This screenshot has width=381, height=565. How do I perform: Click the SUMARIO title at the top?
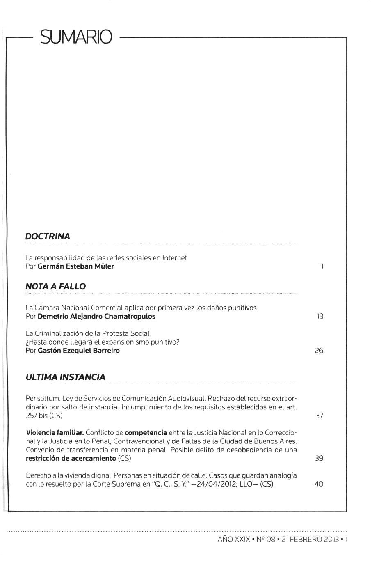click(x=76, y=37)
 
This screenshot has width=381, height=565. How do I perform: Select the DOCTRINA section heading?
click(x=48, y=237)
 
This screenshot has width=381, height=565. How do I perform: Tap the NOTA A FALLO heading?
click(x=55, y=287)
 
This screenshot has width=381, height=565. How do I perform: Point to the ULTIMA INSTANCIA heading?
click(x=65, y=377)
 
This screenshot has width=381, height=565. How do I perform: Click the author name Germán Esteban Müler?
click(x=75, y=266)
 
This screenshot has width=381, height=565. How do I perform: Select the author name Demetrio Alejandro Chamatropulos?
click(x=96, y=317)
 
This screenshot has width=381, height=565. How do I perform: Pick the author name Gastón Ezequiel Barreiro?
click(x=78, y=351)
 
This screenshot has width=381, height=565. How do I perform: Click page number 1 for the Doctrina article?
click(x=322, y=266)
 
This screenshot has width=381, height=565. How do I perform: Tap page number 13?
click(x=320, y=317)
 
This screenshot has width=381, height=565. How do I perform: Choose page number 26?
click(x=319, y=351)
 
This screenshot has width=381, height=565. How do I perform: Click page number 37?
click(x=319, y=416)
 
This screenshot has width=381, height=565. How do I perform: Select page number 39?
click(x=319, y=458)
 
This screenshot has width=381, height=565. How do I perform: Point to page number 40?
click(x=319, y=484)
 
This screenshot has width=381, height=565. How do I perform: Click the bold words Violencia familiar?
click(x=55, y=433)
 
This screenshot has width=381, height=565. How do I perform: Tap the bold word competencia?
click(x=146, y=433)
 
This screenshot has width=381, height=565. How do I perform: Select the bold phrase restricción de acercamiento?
click(x=71, y=458)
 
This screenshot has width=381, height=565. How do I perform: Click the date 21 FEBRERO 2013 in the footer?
click(x=310, y=539)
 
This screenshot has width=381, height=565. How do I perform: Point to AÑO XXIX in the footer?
click(x=234, y=539)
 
